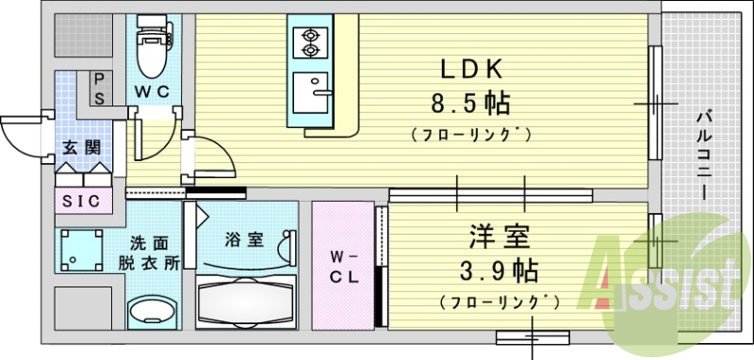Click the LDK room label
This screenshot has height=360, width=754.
pos(471,69)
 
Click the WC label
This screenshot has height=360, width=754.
pos(151,92)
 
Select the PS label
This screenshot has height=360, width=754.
pos(97,89)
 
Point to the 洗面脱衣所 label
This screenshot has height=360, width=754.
pos(151,253)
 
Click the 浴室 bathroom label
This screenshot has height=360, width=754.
pos(243,239)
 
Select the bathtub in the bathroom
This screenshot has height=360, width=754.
pos(247,296)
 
